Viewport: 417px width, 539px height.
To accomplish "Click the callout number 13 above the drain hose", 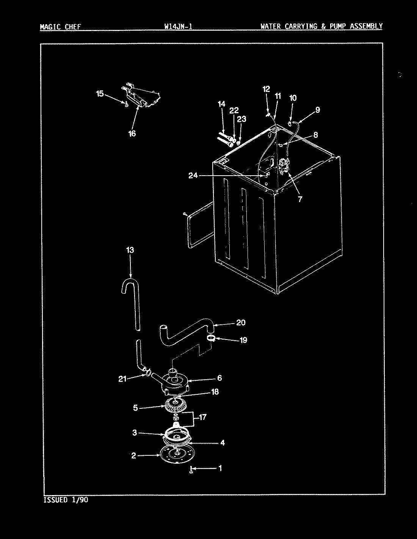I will [130, 250].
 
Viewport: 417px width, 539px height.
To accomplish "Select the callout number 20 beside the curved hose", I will [241, 322].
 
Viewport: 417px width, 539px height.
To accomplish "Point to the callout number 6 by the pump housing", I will [219, 378].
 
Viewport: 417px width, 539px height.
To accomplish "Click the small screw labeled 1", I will [192, 470].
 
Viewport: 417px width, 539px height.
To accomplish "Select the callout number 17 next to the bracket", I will [202, 417].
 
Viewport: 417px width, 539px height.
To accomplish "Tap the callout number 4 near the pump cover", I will [223, 442].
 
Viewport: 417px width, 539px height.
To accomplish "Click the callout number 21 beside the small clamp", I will [122, 378].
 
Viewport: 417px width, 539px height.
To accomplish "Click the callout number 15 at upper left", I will [99, 93].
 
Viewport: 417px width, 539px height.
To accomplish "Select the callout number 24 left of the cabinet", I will [193, 175].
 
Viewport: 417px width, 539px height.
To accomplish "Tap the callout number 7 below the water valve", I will [300, 199].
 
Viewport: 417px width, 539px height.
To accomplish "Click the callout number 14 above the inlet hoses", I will [221, 104].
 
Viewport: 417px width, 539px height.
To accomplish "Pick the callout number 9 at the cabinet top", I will [317, 110].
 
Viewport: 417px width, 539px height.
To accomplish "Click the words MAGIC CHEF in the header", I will [60, 26].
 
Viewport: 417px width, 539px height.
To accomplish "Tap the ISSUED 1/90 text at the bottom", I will [66, 500].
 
